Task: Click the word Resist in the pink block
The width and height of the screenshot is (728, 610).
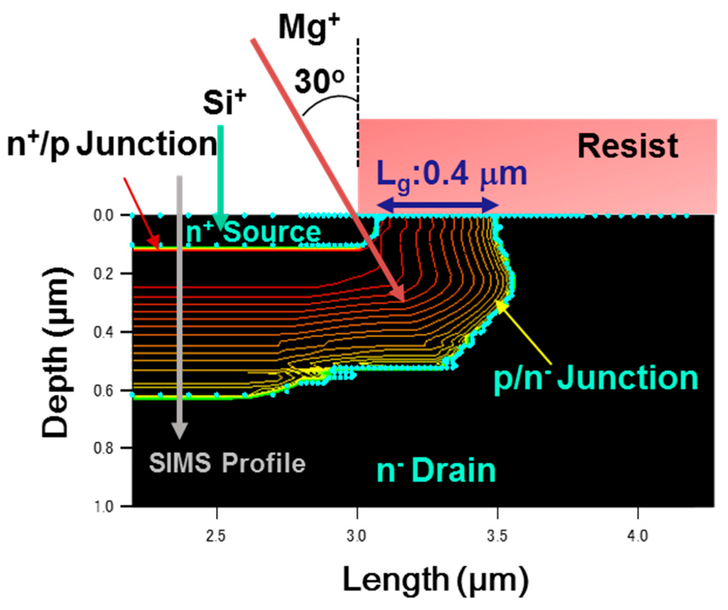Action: click(628, 146)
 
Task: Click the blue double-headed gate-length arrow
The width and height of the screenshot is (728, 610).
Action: click(438, 205)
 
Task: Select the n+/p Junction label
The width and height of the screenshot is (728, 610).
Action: click(112, 144)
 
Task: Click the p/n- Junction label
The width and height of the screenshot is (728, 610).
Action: click(596, 378)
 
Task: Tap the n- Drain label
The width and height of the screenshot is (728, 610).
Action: click(436, 471)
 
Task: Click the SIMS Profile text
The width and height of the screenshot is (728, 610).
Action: click(227, 463)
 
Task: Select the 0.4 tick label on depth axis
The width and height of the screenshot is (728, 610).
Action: click(104, 332)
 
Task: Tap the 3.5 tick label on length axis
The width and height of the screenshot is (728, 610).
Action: click(497, 536)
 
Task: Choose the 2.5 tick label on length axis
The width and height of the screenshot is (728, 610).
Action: click(216, 536)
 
